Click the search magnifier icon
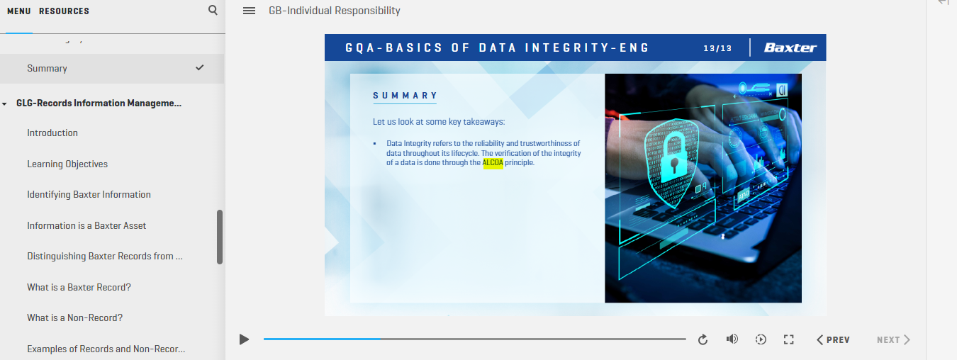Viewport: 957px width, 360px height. pos(213,10)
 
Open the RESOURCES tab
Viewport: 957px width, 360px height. pos(64,11)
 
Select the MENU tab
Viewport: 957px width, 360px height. pos(19,11)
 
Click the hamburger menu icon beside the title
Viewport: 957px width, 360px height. pos(249,11)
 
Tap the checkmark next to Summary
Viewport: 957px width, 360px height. pos(199,67)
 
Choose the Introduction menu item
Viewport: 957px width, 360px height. pos(52,133)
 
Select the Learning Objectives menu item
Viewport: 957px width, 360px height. pos(67,164)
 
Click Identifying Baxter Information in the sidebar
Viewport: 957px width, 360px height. pos(89,194)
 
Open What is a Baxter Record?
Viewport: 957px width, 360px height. pos(79,287)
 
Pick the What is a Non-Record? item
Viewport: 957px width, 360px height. pos(74,317)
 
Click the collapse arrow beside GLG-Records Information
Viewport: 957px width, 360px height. pos(4,103)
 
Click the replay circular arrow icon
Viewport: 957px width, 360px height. pos(703,339)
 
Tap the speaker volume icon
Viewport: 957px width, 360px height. pos(732,339)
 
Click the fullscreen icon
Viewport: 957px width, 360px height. pos(789,339)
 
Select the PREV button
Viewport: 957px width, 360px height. pos(833,340)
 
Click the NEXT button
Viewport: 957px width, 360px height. pos(893,340)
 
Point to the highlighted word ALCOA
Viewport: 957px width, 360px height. pos(493,163)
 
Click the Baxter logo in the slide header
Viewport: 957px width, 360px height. pos(790,47)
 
